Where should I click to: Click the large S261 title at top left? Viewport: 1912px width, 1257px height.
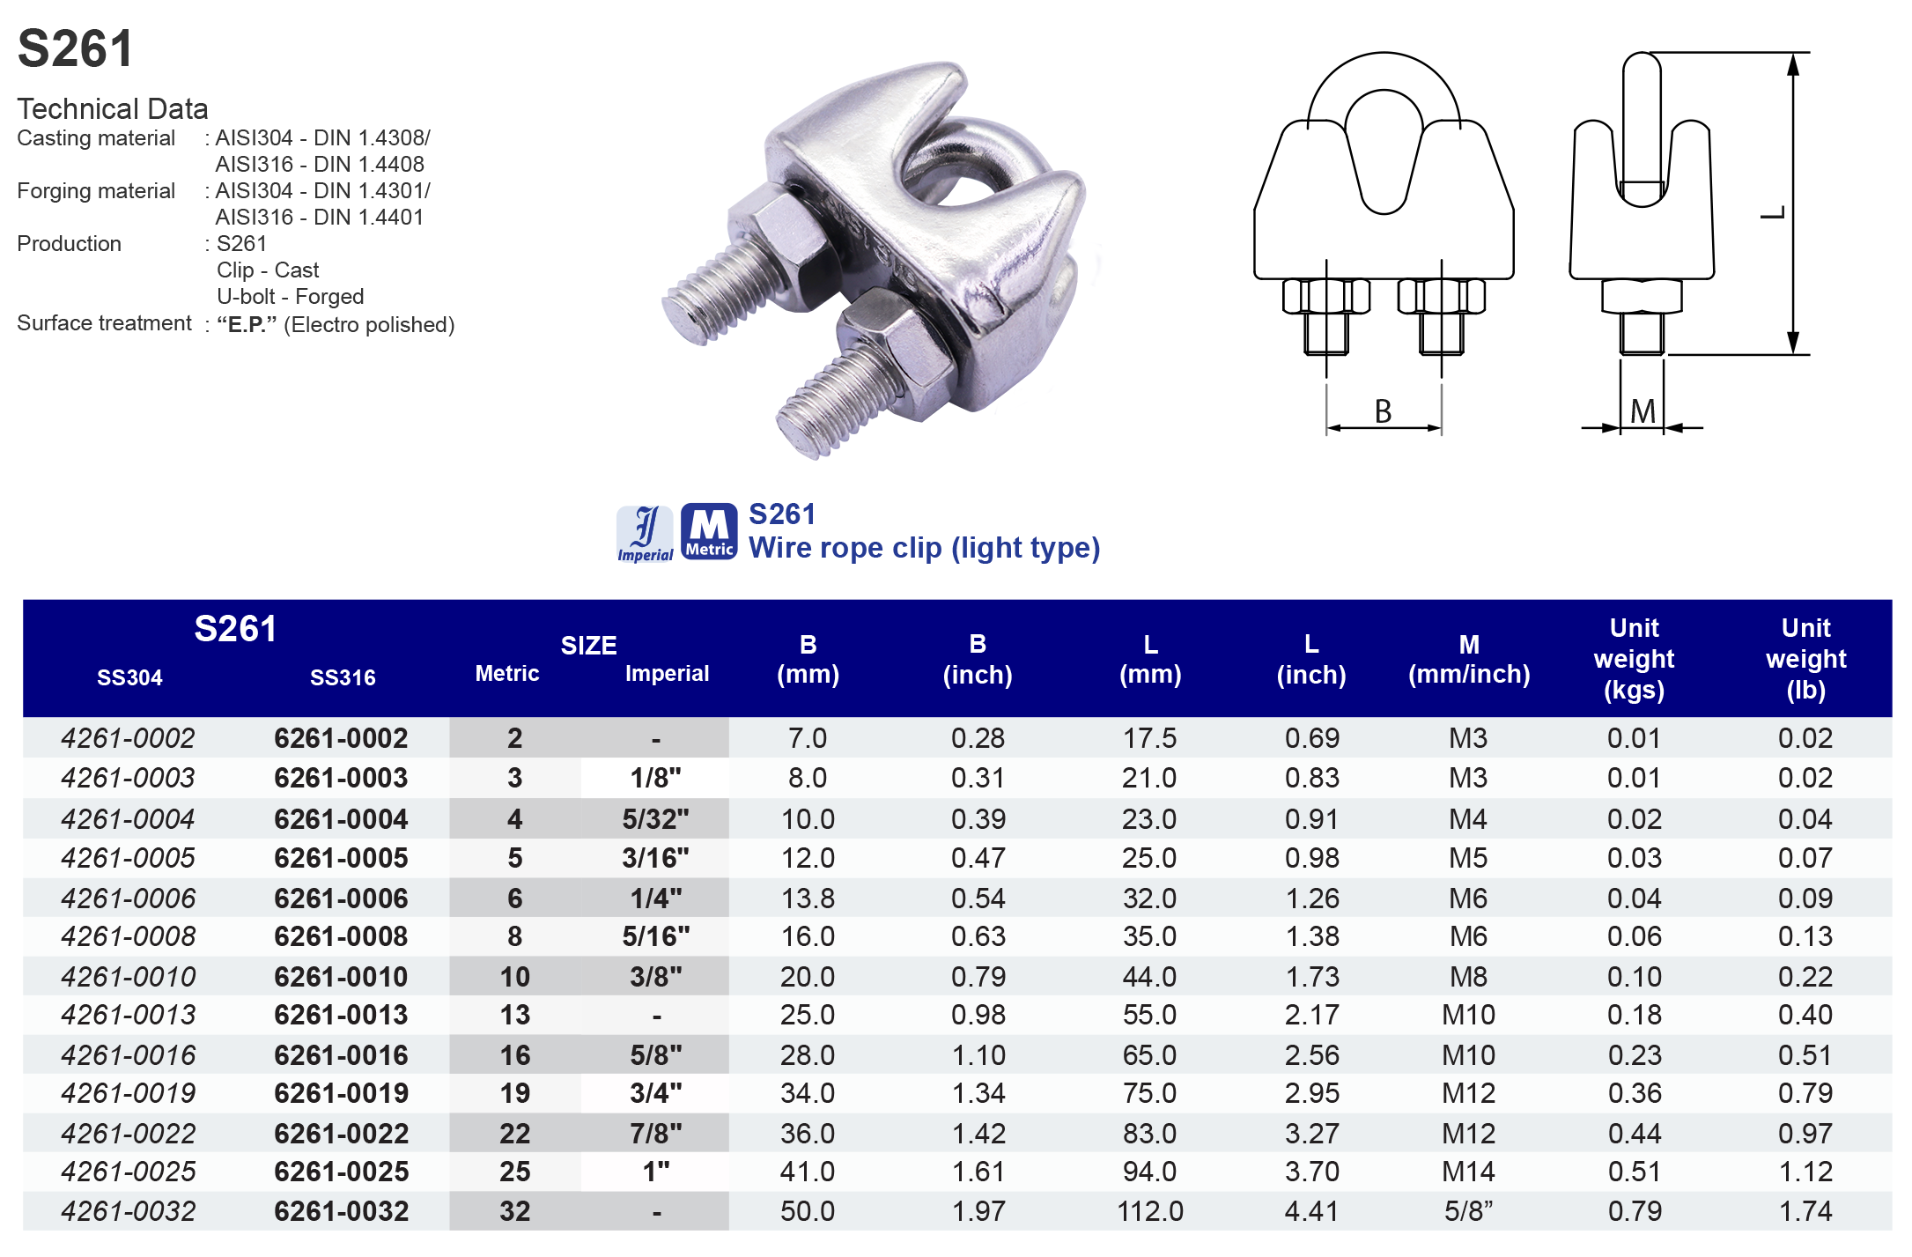point(76,48)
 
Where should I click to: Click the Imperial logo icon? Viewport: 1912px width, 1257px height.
point(645,533)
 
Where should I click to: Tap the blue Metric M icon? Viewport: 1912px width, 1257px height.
point(709,531)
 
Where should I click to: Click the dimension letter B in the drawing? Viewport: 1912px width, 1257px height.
point(1383,411)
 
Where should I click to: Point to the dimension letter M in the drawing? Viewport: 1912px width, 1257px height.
point(1643,411)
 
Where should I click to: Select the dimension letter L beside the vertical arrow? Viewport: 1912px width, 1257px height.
point(1772,213)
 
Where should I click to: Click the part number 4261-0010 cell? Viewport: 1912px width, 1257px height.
point(129,976)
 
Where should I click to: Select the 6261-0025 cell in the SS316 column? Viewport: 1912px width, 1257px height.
point(341,1172)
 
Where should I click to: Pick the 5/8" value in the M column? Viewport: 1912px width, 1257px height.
point(1468,1211)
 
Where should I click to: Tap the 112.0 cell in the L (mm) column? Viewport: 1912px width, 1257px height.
point(1149,1211)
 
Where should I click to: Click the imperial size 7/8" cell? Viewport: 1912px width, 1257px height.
point(655,1133)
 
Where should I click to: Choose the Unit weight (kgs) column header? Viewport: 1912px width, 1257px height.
point(1634,658)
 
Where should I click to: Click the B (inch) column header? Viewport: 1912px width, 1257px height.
point(978,659)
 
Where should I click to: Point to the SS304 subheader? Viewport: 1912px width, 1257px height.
point(129,677)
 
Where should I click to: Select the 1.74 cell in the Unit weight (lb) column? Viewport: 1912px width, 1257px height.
point(1805,1211)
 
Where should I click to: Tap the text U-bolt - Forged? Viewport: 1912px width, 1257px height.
point(290,297)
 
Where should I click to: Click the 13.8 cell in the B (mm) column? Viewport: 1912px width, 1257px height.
point(808,898)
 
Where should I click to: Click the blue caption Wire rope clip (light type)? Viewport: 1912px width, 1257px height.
point(924,548)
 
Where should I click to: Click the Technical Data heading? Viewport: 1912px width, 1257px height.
point(113,108)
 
